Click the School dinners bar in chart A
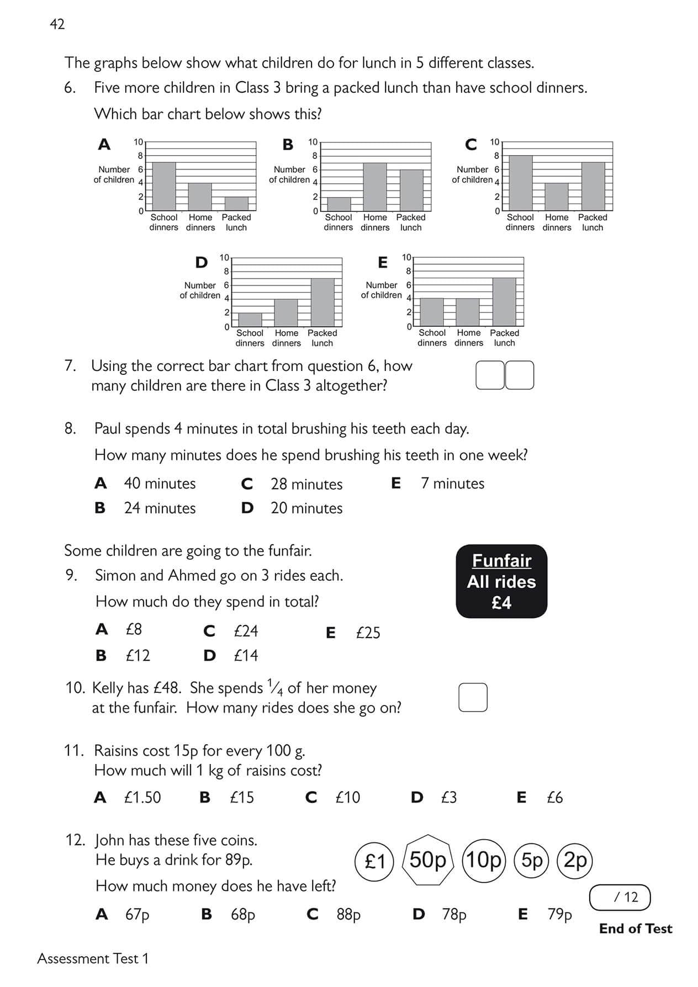pyautogui.click(x=163, y=187)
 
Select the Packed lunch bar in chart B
pyautogui.click(x=411, y=190)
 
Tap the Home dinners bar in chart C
pyautogui.click(x=557, y=197)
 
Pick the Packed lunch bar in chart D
pyautogui.click(x=322, y=303)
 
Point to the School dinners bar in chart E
pyautogui.click(x=432, y=312)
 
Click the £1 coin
pyautogui.click(x=375, y=861)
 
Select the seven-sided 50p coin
pyautogui.click(x=428, y=860)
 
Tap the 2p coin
pyautogui.click(x=575, y=860)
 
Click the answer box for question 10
pyautogui.click(x=473, y=697)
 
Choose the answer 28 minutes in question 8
pyautogui.click(x=306, y=484)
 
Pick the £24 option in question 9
pyautogui.click(x=245, y=631)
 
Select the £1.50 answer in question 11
pyautogui.click(x=142, y=798)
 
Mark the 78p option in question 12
pyautogui.click(x=453, y=915)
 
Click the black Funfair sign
pyautogui.click(x=501, y=581)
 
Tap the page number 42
pyautogui.click(x=57, y=24)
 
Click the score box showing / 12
pyautogui.click(x=620, y=897)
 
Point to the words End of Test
pyautogui.click(x=635, y=928)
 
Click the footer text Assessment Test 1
pyautogui.click(x=93, y=959)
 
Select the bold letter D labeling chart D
pyautogui.click(x=202, y=263)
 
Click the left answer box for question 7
pyautogui.click(x=490, y=375)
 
